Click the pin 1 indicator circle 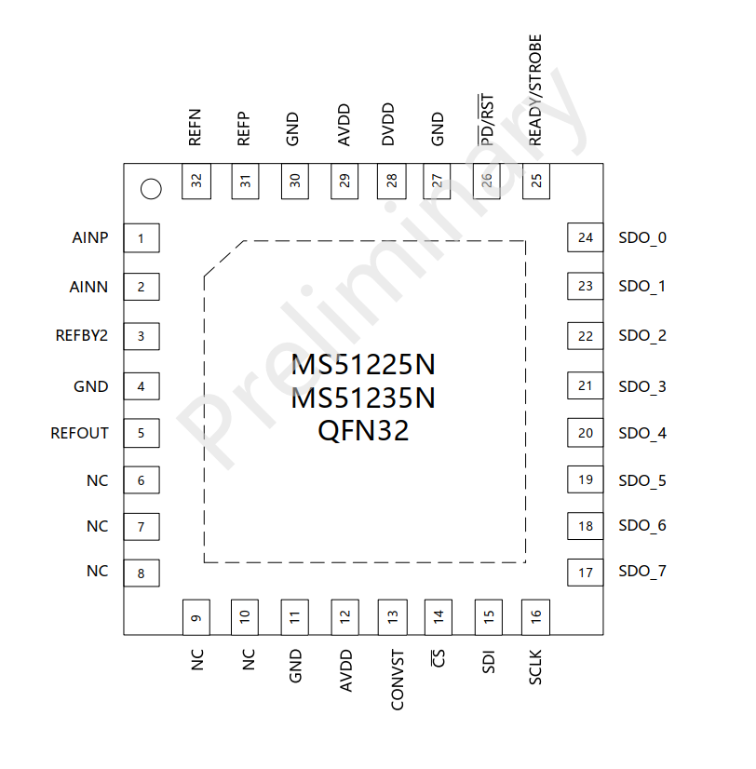pos(151,189)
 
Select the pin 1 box pos(142,237)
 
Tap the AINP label pos(89,237)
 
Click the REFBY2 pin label pos(81,335)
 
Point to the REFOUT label pos(79,433)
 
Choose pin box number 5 pos(142,433)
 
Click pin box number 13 pos(393,617)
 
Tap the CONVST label pos(398,680)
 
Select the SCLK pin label pos(535,667)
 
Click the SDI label pos(489,662)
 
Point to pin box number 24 pos(586,237)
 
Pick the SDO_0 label pos(642,238)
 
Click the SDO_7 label pos(642,572)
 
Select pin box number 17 pos(586,573)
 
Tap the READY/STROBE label pos(535,90)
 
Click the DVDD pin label pos(388,124)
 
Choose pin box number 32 pos(196,182)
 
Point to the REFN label pos(195,128)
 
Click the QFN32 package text pos(363,431)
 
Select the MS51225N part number pos(363,364)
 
